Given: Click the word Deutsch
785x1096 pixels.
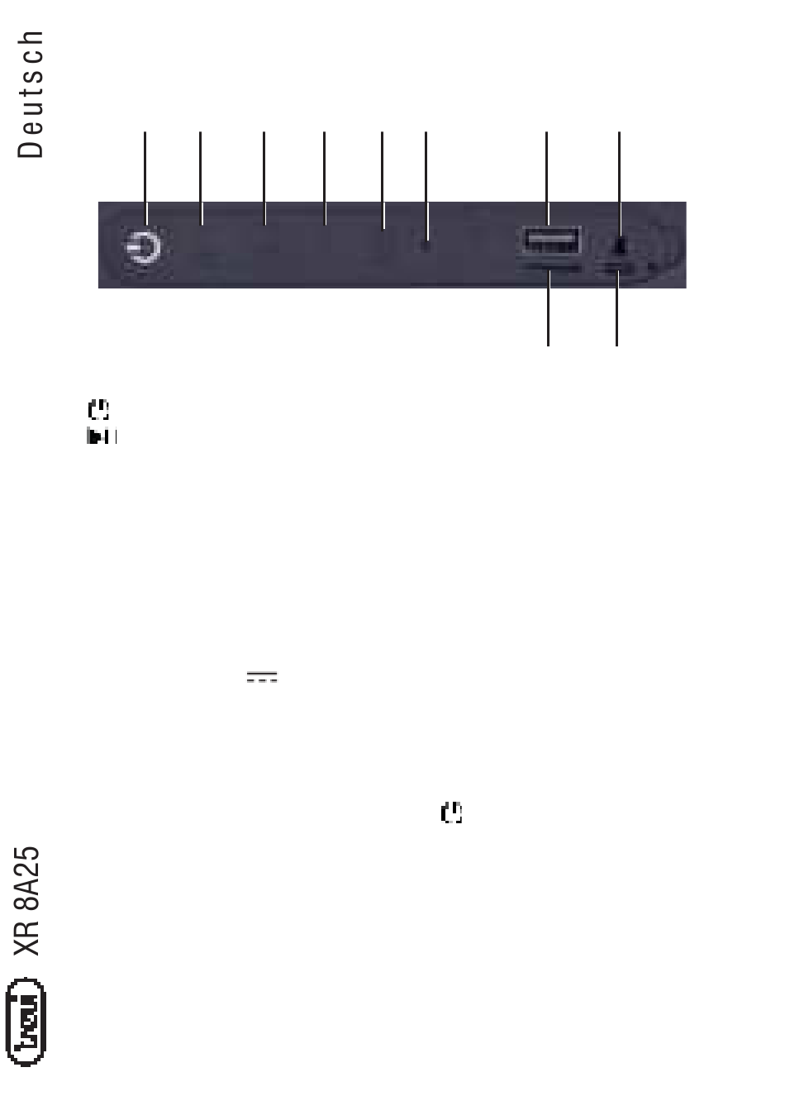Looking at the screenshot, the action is point(31,94).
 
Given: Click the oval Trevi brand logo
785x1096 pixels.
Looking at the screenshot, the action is point(26,1022).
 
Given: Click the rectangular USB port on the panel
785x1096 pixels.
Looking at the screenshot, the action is point(551,241).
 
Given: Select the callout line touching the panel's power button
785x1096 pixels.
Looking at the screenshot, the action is point(145,178).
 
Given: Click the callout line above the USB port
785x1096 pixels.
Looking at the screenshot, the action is point(547,179).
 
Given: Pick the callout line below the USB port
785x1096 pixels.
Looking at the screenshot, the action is point(549,307).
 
